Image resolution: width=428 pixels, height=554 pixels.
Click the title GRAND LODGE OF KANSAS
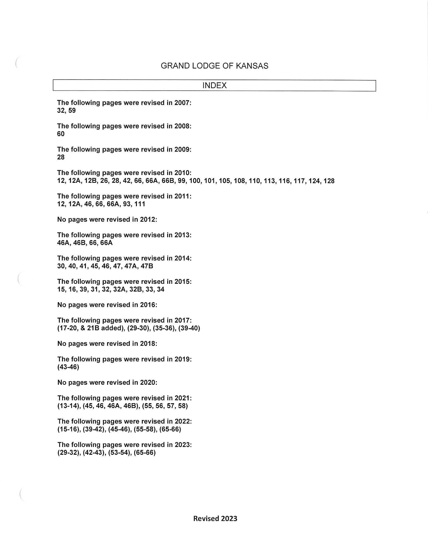pyautogui.click(x=214, y=66)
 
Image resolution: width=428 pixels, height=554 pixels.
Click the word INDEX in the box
pyautogui.click(x=214, y=85)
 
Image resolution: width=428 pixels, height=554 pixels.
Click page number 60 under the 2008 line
pyautogui.click(x=61, y=134)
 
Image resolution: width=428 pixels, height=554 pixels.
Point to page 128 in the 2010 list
pyautogui.click(x=329, y=181)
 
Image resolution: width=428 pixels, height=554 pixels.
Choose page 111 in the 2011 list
pyautogui.click(x=140, y=204)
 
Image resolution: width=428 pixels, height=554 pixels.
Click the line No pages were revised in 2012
pyautogui.click(x=107, y=219)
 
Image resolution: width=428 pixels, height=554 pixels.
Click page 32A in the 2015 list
pyautogui.click(x=120, y=289)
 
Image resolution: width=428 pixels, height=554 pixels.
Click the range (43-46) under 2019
pyautogui.click(x=68, y=367)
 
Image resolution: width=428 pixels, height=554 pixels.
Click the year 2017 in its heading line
pyautogui.click(x=182, y=320)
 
